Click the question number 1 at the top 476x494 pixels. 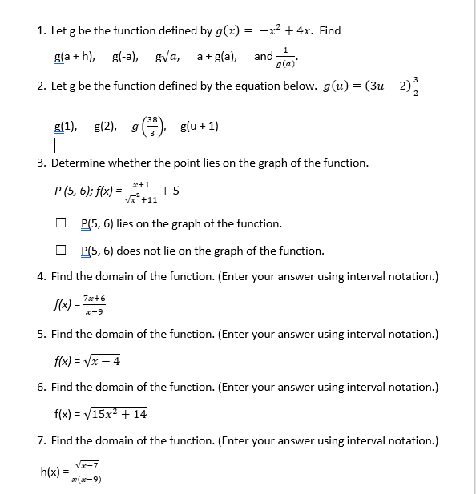[x=40, y=31]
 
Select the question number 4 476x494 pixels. [x=40, y=277]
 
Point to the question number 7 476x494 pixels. [x=40, y=441]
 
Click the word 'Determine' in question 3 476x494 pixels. [x=83, y=163]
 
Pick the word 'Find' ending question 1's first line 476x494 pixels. [x=330, y=31]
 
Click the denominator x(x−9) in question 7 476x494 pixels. [x=86, y=480]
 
